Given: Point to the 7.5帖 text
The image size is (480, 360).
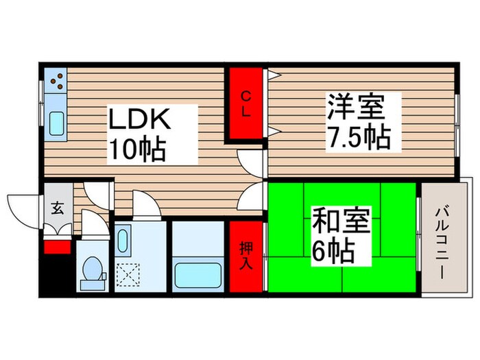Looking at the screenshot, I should pos(357,138).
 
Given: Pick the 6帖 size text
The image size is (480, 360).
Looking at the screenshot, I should pos(333,252).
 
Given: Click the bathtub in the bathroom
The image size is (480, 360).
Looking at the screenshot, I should pos(197,274).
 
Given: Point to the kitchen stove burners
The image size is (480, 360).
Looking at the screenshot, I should pos(56,82).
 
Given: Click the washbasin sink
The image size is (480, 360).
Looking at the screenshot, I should pos(123,241).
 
